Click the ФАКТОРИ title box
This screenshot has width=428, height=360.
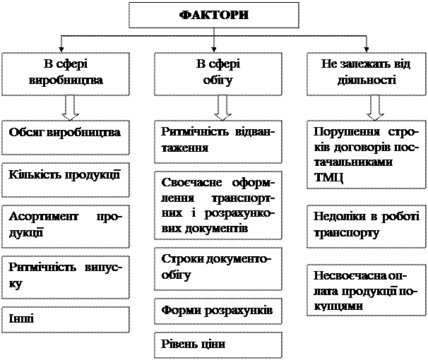coord(215,15)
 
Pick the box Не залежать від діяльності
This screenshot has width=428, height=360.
coord(366,73)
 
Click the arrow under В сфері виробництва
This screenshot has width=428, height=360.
coord(69,107)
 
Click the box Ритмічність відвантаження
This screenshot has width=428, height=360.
coord(218,140)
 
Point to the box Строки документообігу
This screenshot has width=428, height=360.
coord(218,268)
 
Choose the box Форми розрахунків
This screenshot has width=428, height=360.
coord(218,311)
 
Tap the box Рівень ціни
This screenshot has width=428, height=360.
coord(218,344)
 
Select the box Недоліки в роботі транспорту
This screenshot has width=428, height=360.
coord(366,225)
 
